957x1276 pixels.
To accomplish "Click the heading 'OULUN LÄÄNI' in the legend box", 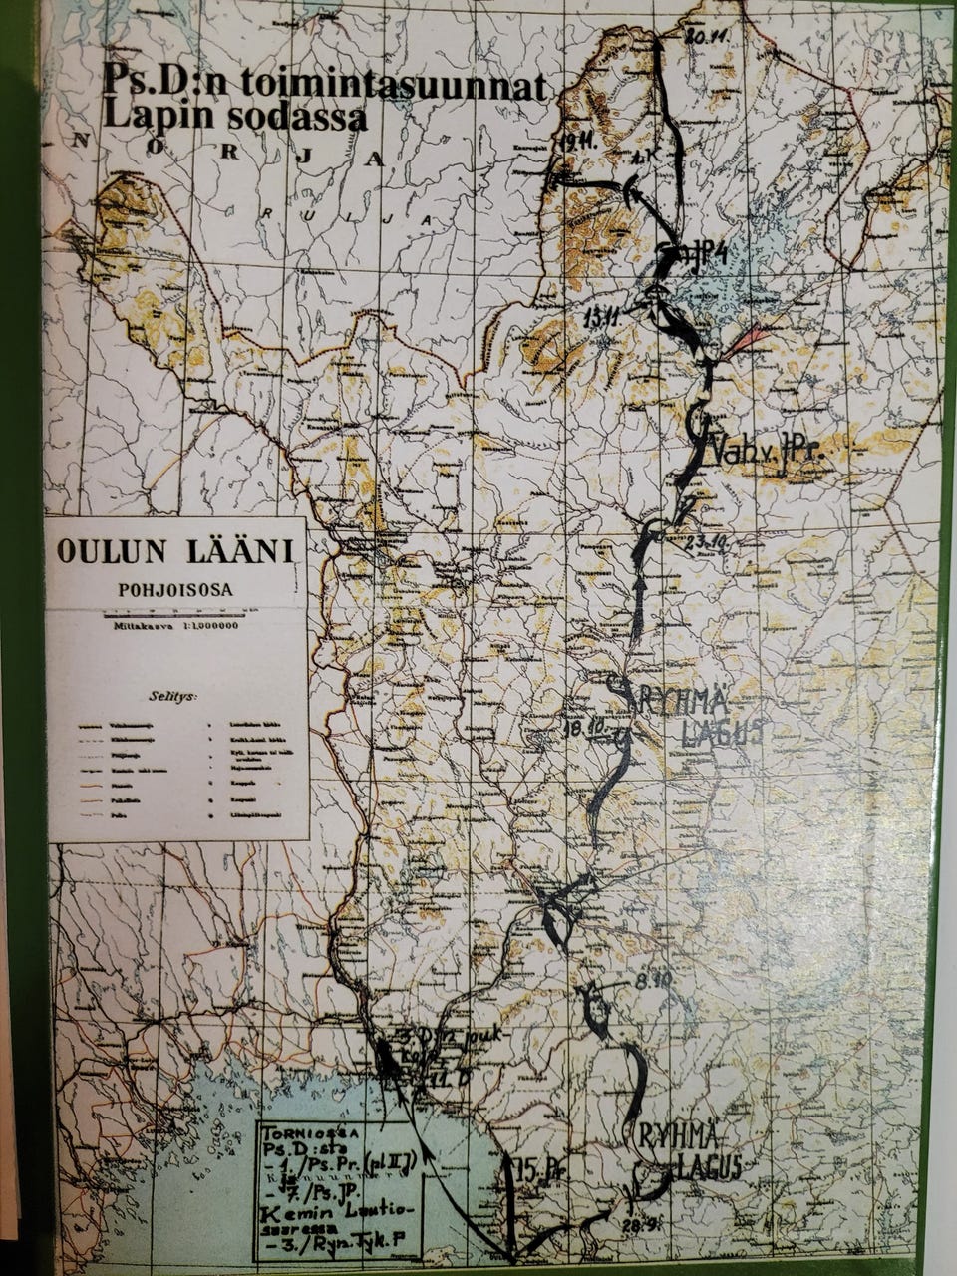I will coord(175,551).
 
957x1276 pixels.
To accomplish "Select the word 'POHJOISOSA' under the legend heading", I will coord(175,589).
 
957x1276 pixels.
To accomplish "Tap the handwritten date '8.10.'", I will coord(653,982).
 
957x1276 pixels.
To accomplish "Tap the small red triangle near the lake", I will coord(745,344).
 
